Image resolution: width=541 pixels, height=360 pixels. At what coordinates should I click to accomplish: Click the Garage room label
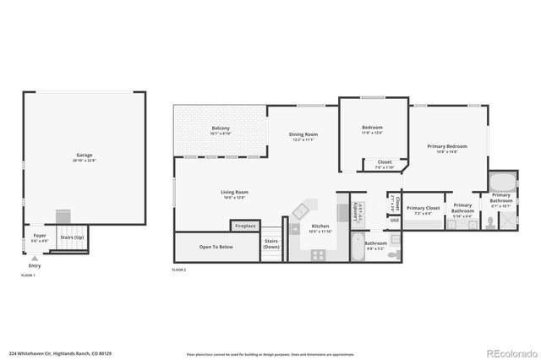coord(85,155)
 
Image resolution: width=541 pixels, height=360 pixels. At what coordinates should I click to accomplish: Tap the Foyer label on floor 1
coord(40,236)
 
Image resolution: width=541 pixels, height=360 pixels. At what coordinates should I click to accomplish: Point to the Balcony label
coord(221,128)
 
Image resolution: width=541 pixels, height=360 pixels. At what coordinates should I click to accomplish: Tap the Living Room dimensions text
coord(234,197)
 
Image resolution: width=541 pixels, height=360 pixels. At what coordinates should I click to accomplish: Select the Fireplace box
coord(245,226)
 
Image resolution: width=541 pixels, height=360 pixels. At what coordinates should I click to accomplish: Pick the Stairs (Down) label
coord(271,243)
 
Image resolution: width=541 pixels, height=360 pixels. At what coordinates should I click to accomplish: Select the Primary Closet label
coord(423,208)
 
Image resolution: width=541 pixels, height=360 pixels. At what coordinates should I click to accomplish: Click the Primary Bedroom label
coord(447,146)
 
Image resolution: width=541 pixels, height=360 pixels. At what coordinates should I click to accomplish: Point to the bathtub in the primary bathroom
coord(500,182)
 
